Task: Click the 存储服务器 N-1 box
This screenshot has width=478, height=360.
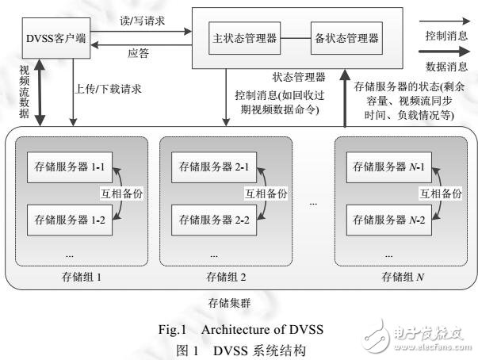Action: pyautogui.click(x=380, y=169)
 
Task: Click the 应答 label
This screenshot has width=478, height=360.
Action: pyautogui.click(x=139, y=54)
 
